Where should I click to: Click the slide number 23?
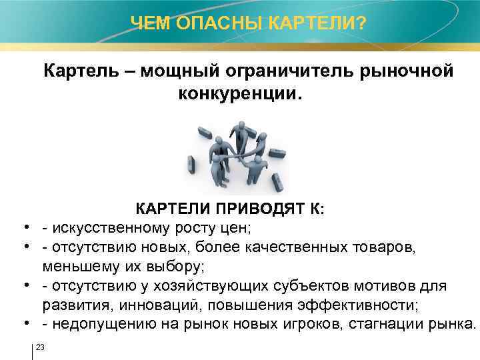pos(40,347)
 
